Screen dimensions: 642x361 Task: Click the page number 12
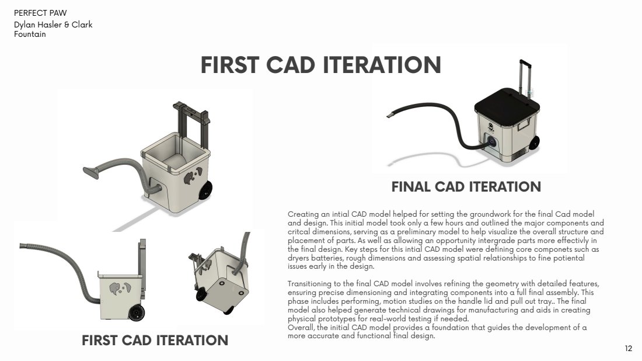click(629, 349)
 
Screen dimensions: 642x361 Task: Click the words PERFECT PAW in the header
click(40, 13)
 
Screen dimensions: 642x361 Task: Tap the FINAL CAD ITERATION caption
click(466, 187)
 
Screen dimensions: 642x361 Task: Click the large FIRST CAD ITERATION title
click(320, 65)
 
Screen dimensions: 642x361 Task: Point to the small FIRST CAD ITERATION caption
click(155, 340)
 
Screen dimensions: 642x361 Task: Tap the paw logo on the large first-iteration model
click(193, 175)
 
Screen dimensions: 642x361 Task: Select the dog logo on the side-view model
click(120, 289)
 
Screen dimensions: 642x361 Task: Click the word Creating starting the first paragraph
click(303, 214)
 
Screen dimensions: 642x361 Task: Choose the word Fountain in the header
click(30, 34)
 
